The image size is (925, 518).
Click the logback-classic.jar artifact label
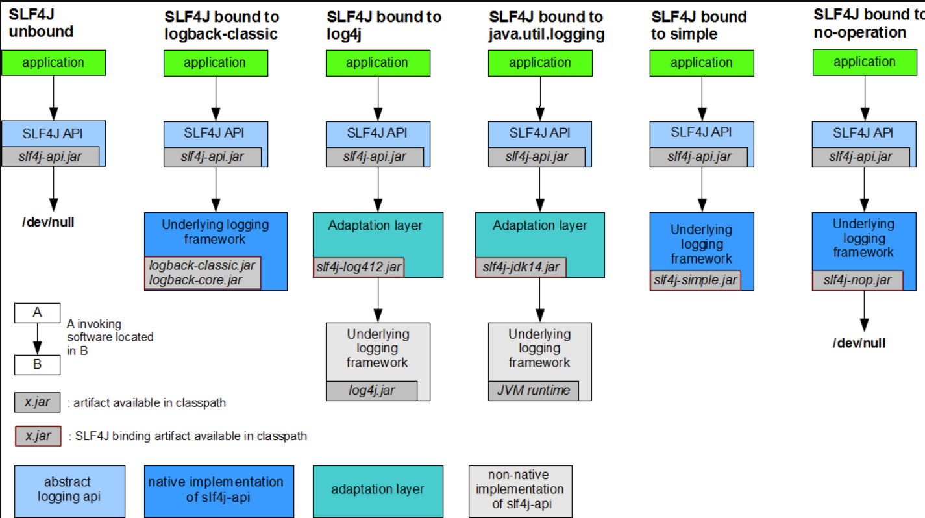click(202, 265)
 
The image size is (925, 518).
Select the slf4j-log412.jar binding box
click(358, 267)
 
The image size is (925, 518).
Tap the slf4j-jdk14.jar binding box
click(521, 267)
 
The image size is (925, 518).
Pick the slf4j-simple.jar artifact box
click(695, 280)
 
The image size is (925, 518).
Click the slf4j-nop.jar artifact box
click(857, 280)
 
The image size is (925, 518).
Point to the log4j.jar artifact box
click(371, 391)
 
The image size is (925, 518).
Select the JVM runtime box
click(533, 390)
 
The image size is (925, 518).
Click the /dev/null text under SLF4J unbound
click(49, 222)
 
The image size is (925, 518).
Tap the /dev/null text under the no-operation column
click(859, 343)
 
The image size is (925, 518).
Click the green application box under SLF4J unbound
click(53, 63)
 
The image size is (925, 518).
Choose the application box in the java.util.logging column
click(539, 63)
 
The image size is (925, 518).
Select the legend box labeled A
click(37, 313)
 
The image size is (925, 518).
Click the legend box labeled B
click(37, 365)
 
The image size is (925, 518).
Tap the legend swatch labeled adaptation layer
click(378, 490)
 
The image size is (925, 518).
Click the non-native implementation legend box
click(520, 490)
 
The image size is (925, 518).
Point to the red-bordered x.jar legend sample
click(38, 436)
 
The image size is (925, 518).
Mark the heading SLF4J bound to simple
click(698, 25)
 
